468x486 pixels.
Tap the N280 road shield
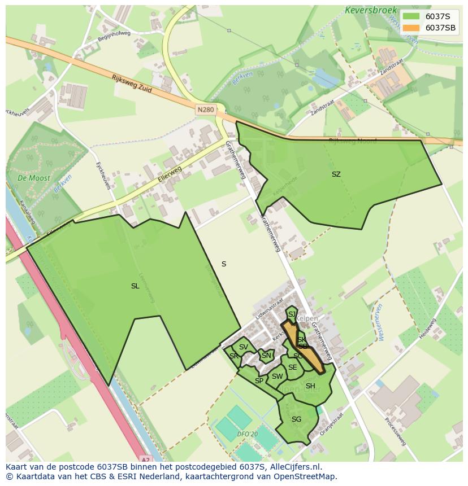[206, 110]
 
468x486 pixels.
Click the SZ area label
[336, 174]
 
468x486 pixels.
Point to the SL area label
[135, 286]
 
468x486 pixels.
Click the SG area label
[296, 419]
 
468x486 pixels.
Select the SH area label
[310, 386]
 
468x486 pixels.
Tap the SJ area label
[292, 314]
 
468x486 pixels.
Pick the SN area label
[266, 356]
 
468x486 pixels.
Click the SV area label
[243, 347]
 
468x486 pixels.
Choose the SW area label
[277, 376]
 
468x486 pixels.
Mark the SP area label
[259, 381]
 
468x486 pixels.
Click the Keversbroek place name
[367, 10]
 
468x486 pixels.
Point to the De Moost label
[33, 178]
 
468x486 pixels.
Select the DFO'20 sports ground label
[248, 434]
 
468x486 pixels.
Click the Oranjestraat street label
[332, 424]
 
